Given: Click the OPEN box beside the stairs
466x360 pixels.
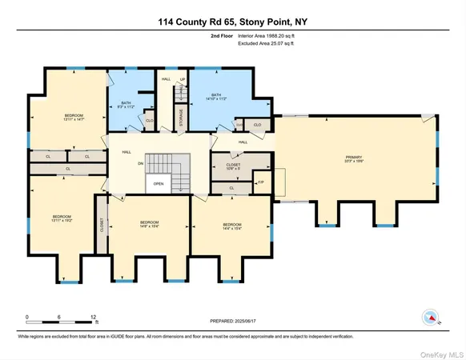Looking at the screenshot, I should (x=159, y=182).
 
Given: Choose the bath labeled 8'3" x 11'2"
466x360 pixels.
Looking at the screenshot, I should (x=127, y=105).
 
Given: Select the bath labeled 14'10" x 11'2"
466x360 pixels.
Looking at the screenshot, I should (x=216, y=98).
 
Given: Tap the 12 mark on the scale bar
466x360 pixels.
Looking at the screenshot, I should (x=94, y=318).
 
